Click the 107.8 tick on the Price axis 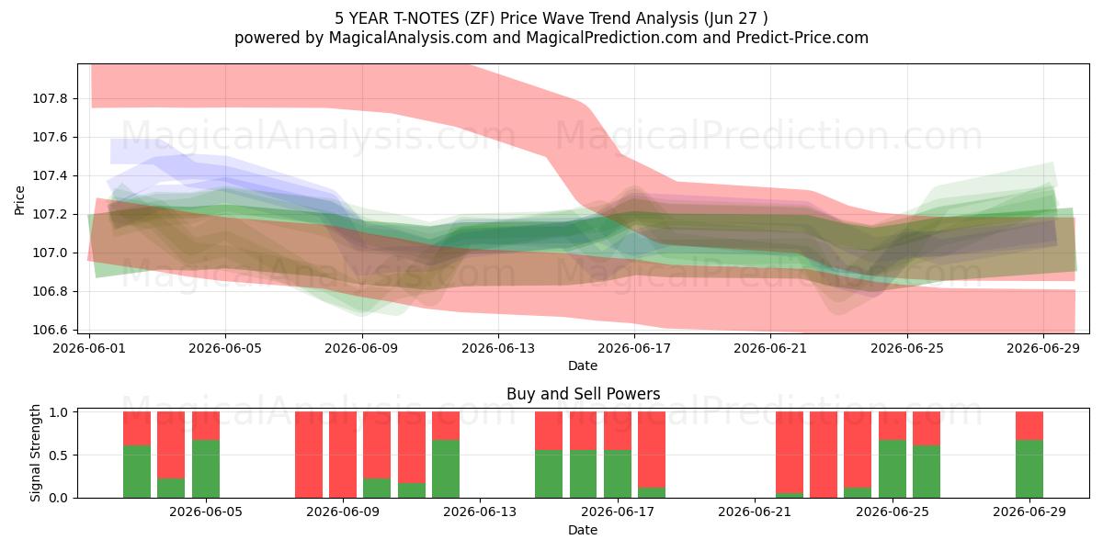[50, 98]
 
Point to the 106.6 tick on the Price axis [50, 330]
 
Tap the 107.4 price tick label [50, 175]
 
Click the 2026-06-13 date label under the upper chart [498, 348]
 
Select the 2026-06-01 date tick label [89, 348]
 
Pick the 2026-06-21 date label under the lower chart [755, 512]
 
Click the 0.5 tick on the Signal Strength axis [58, 455]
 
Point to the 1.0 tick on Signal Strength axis [58, 411]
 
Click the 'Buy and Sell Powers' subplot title [583, 394]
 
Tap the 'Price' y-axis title [19, 200]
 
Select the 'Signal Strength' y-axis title [35, 453]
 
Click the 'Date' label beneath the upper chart [583, 365]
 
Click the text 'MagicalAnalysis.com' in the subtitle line [408, 38]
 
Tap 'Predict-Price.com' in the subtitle [802, 38]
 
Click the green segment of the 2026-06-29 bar [1029, 469]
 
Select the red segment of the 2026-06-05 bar [206, 426]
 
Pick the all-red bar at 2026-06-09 [343, 455]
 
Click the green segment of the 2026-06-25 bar [893, 469]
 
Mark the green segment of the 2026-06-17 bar [618, 474]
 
